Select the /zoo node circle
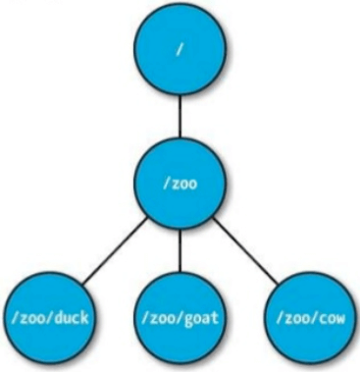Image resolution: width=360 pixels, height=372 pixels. coord(180,183)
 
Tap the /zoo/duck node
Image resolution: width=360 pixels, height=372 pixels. coord(49,318)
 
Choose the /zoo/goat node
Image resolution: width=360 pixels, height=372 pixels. coord(180,318)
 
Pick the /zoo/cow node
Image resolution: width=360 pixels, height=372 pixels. coord(310,318)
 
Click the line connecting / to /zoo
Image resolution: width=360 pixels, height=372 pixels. coord(180,117)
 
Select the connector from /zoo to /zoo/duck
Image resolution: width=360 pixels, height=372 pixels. coord(114,251)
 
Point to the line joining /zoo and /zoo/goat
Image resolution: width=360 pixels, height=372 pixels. coord(180,250)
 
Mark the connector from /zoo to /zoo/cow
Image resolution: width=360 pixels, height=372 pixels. coord(246,251)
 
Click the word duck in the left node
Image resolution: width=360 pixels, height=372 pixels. coord(71,317)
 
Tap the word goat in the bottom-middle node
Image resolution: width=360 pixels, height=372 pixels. coord(201,318)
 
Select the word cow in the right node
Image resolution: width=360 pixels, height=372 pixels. coord(332,318)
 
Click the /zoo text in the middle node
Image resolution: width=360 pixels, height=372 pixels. coord(180,184)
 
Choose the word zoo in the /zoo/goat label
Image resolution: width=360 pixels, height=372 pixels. coord(163,318)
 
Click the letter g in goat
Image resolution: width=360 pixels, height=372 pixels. coord(189,320)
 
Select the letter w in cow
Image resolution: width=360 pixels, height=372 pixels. coord(340,319)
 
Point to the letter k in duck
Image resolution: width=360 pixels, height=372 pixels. coord(84,317)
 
